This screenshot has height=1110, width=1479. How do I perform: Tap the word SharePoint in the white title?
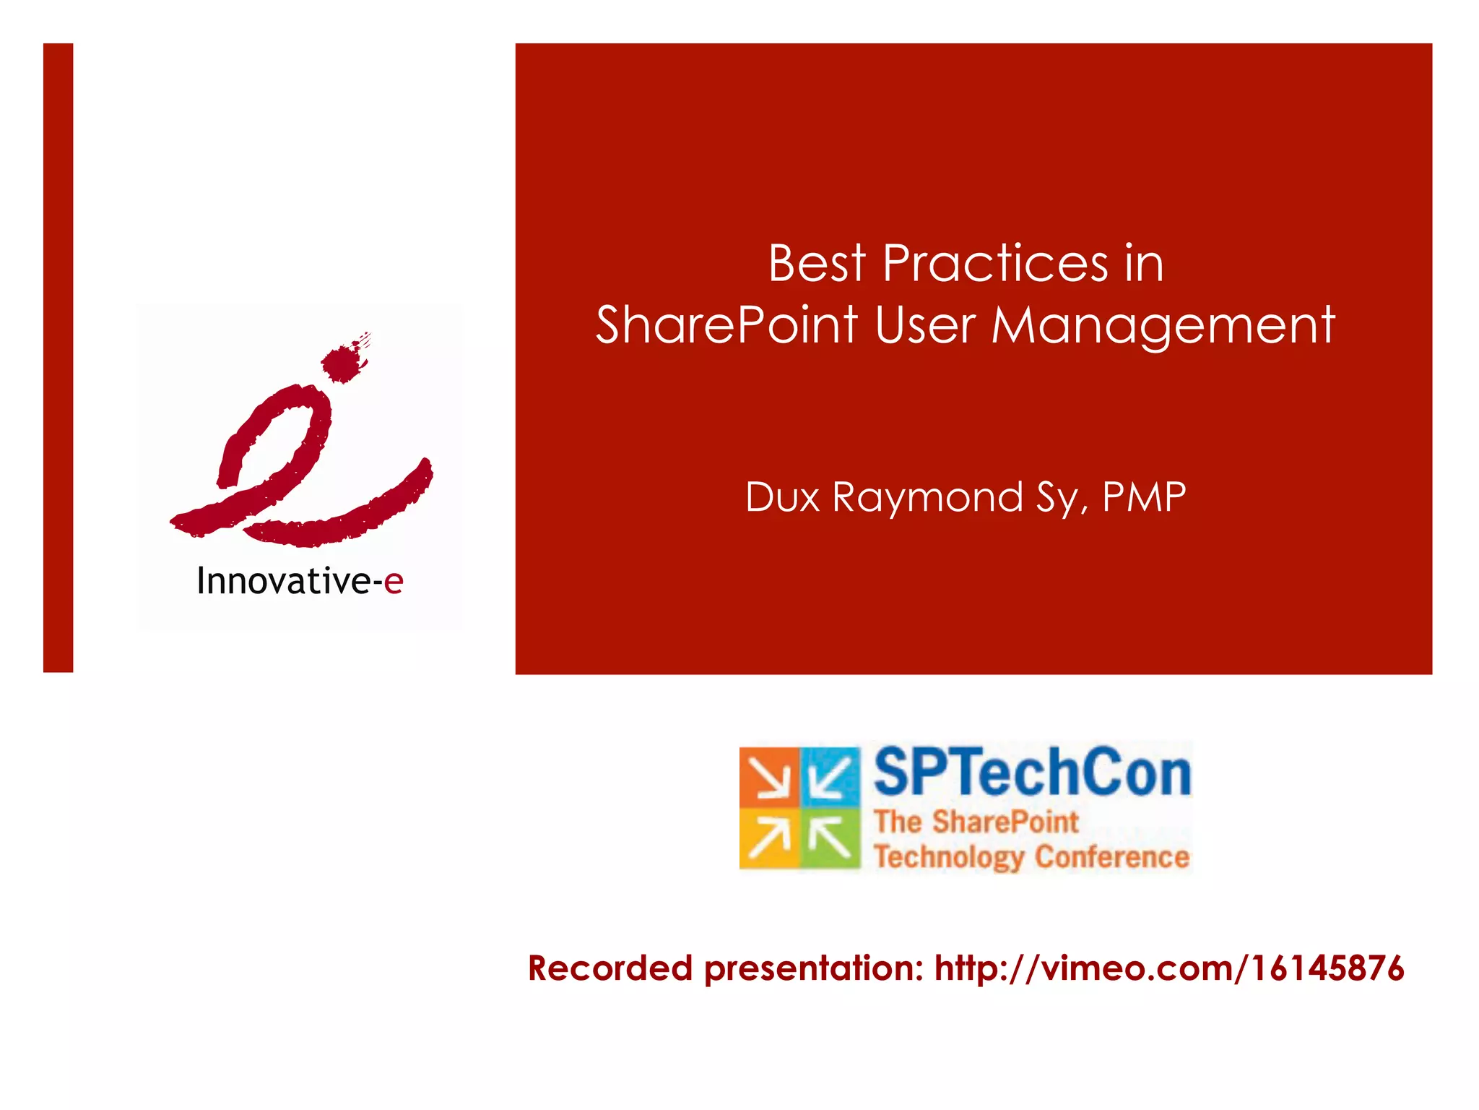pos(727,324)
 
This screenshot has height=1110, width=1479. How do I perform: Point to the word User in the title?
pos(925,324)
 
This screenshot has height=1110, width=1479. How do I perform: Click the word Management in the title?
pos(1163,326)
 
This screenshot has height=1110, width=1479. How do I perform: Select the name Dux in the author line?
pos(782,497)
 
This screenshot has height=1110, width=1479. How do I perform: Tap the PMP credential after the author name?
pos(1144,497)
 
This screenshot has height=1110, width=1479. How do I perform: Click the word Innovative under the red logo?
pos(284,581)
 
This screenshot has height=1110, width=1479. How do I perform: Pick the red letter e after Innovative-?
pos(393,582)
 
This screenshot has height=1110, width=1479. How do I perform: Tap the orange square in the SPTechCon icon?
pos(768,777)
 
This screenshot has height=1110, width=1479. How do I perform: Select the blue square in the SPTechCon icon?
pos(830,777)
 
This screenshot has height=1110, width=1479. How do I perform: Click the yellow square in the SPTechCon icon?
pos(768,838)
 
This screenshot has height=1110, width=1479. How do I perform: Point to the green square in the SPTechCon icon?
pos(830,838)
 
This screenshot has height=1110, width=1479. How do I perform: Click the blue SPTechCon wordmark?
pos(1032,773)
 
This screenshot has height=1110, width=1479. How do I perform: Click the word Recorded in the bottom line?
pos(610,968)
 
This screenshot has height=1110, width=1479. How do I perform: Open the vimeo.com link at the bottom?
pos(1169,968)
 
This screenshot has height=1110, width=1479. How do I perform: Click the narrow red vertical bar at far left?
pos(58,358)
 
